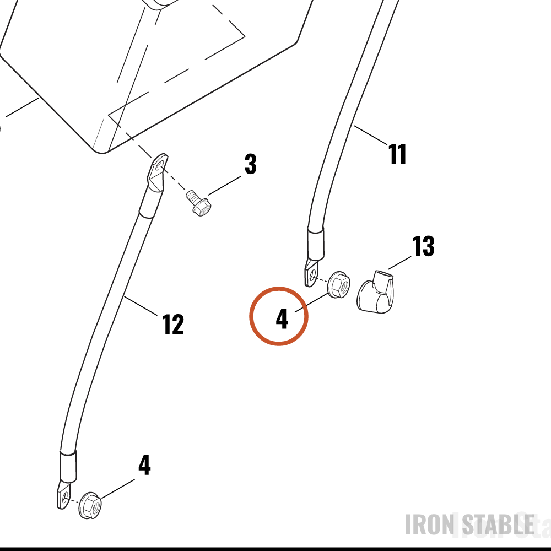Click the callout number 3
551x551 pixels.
(251, 164)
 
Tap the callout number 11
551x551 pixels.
(397, 154)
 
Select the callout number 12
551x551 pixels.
(173, 325)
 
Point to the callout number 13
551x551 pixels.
(423, 246)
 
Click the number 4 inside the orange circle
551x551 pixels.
(282, 319)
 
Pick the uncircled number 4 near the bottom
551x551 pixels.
(144, 465)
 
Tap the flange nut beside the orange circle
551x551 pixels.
(339, 284)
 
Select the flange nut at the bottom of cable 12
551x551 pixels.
(90, 505)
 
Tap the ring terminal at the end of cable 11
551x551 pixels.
(312, 272)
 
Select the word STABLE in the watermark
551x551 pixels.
(498, 525)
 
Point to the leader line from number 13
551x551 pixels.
(400, 262)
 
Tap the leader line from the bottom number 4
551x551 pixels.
(118, 488)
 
